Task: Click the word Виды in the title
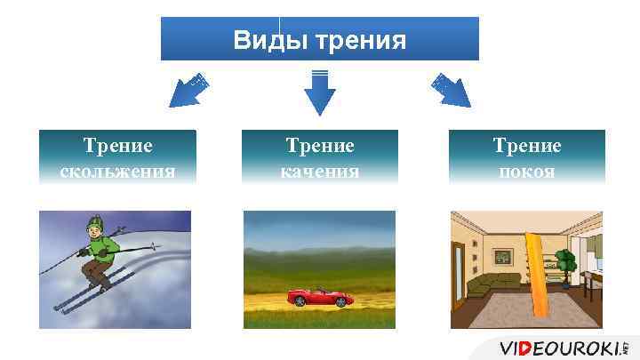pyautogui.click(x=266, y=40)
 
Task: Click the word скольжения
pyautogui.click(x=117, y=171)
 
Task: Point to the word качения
pyautogui.click(x=319, y=171)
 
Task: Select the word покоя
pyautogui.click(x=526, y=171)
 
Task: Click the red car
pyautogui.click(x=319, y=298)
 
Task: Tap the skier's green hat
pyautogui.click(x=93, y=222)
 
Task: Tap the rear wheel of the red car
pyautogui.click(x=298, y=303)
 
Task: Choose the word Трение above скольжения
pyautogui.click(x=117, y=146)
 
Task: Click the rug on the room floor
pyautogui.click(x=524, y=311)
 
